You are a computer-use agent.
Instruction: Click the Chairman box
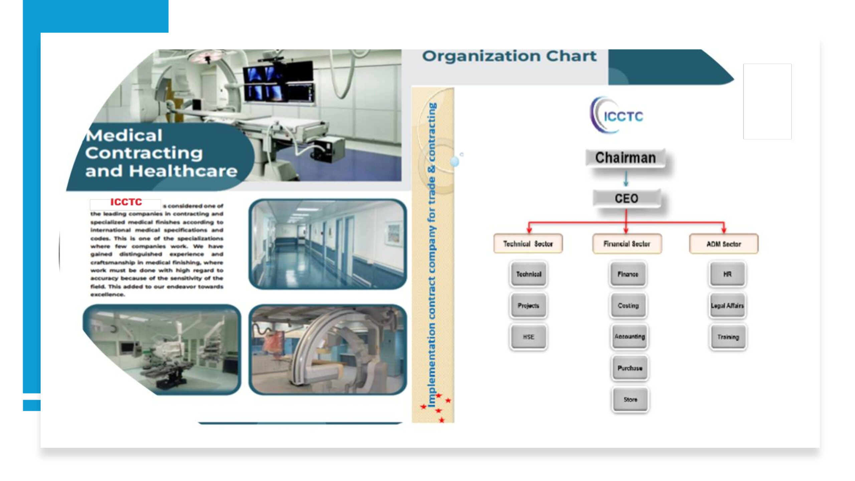(x=625, y=158)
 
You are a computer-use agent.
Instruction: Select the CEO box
(x=627, y=198)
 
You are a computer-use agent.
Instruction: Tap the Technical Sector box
(x=528, y=244)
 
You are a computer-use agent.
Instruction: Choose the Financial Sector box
(x=627, y=244)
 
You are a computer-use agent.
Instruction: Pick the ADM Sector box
(x=724, y=244)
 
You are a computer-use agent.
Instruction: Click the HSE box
(x=528, y=337)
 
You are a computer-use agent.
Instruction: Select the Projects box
(x=528, y=305)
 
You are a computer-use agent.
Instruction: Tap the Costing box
(x=628, y=305)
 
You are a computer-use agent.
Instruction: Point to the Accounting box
(x=630, y=336)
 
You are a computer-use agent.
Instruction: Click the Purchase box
(x=630, y=368)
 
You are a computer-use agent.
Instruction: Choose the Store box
(x=630, y=399)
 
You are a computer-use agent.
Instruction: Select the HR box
(x=727, y=274)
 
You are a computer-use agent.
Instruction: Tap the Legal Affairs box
(x=727, y=305)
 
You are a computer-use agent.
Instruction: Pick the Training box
(x=728, y=337)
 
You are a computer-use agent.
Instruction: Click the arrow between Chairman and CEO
(x=626, y=179)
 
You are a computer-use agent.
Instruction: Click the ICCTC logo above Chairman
(x=617, y=115)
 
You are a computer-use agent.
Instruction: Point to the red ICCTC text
(x=126, y=202)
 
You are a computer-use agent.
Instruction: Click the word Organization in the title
(x=481, y=56)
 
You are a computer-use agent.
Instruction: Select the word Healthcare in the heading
(x=183, y=171)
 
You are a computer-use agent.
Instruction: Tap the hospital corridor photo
(x=328, y=244)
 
